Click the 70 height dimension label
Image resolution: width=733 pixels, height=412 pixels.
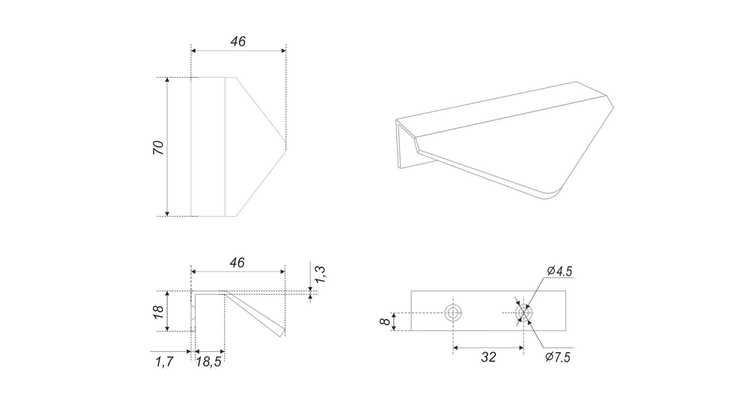[x=158, y=147]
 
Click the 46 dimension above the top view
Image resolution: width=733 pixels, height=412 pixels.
[x=238, y=42]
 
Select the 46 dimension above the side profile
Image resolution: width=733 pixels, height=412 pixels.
[x=237, y=263]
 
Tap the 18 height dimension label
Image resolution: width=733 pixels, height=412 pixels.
[x=158, y=312]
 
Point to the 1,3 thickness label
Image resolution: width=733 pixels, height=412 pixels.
[x=320, y=274]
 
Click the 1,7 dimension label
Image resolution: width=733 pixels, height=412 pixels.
[x=165, y=361]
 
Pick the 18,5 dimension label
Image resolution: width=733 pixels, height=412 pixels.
[x=208, y=362]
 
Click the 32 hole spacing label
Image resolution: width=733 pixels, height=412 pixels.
[x=488, y=357]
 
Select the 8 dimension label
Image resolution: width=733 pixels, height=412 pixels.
[x=385, y=321]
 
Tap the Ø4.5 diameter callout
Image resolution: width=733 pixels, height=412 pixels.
[x=559, y=271]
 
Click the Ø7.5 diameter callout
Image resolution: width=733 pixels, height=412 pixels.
[x=558, y=357]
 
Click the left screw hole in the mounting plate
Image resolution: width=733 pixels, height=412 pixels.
[x=453, y=313]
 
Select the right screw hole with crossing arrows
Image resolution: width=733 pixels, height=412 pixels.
[x=524, y=313]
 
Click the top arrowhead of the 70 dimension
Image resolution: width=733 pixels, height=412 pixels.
[x=167, y=80]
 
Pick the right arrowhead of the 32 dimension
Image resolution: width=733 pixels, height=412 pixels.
[x=521, y=348]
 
